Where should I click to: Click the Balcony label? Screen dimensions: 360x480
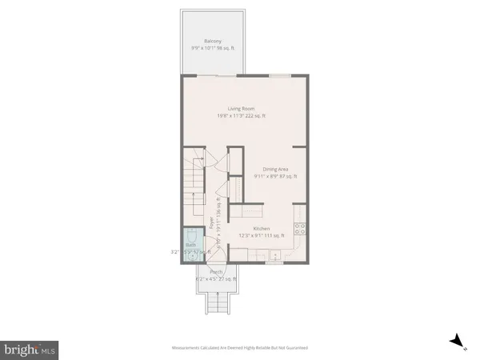pos(212,41)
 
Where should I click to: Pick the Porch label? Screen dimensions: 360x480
pos(215,273)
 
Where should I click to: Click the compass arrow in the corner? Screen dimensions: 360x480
pos(458,342)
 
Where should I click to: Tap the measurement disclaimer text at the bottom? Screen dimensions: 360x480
pos(240,348)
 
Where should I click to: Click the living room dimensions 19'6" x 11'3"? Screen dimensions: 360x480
pos(241,116)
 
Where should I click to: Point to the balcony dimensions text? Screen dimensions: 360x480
pos(212,48)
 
